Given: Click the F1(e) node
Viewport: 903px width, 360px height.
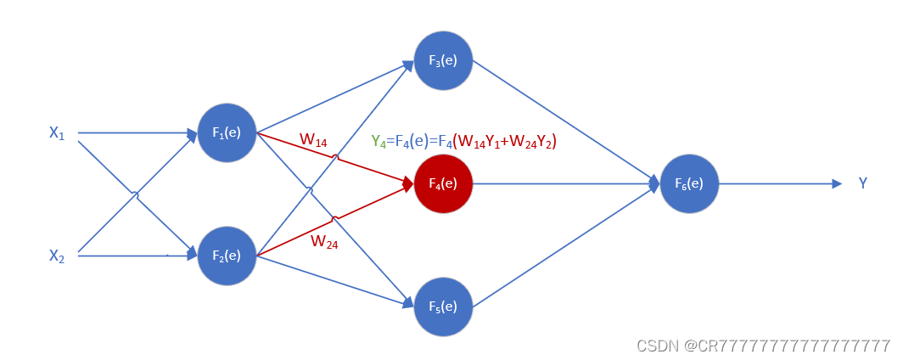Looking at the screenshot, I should [x=227, y=133].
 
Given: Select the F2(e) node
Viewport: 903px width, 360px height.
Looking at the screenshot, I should [x=227, y=255].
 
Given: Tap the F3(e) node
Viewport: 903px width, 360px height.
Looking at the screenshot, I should [x=443, y=61].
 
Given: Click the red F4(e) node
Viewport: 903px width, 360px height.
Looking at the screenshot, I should [x=443, y=183].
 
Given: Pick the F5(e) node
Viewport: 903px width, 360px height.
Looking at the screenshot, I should [x=443, y=306].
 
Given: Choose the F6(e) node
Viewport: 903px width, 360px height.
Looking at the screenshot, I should [x=689, y=183].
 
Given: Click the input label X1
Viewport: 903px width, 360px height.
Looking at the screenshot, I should [x=57, y=132].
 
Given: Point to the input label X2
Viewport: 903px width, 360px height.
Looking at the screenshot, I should [x=57, y=254].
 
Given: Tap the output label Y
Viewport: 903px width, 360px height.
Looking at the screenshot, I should [x=863, y=183].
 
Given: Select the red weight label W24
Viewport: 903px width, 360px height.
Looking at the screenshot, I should [x=323, y=241].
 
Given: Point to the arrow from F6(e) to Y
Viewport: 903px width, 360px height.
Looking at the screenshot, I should [x=777, y=183].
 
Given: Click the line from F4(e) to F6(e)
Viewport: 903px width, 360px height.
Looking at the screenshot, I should [x=560, y=183].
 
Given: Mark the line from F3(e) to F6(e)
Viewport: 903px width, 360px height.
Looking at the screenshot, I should [x=560, y=119].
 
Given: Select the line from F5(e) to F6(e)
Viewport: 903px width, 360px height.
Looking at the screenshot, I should [x=560, y=246].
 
